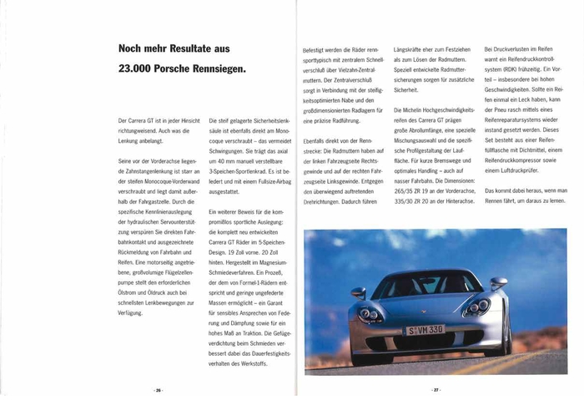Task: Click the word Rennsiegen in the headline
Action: (x=211, y=69)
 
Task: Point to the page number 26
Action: (x=157, y=390)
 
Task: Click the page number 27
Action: (x=435, y=390)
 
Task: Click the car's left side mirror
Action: (x=359, y=292)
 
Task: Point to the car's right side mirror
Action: (x=498, y=284)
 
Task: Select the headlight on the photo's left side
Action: (x=370, y=315)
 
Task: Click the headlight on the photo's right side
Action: (x=477, y=307)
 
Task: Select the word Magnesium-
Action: (x=269, y=261)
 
